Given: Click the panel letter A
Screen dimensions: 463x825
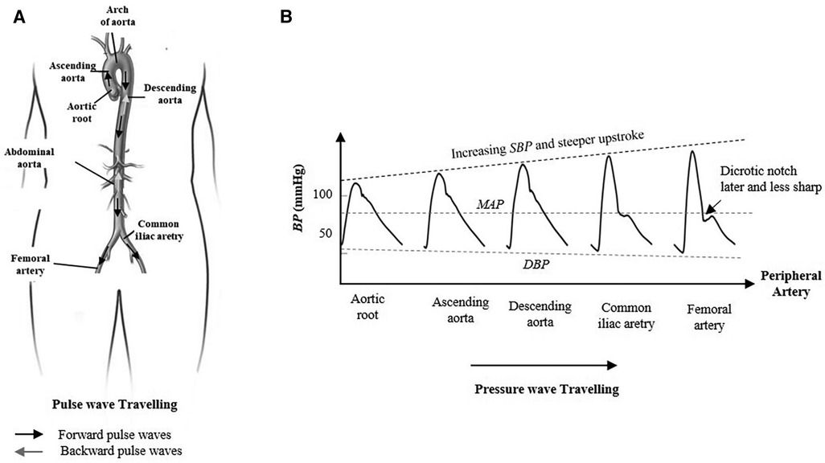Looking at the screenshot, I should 19,15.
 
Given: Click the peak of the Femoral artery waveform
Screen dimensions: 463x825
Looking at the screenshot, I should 692,151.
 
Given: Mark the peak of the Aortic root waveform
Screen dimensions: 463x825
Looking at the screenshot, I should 355,184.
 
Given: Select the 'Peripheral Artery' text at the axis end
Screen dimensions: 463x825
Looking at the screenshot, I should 790,282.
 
